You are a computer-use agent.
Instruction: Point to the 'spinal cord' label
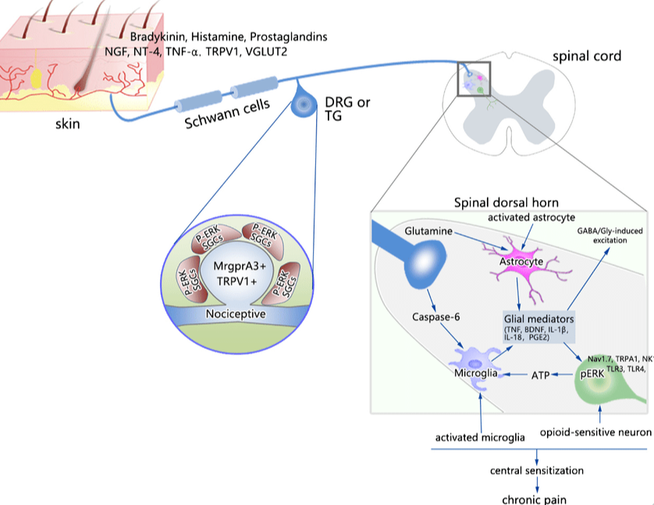(x=587, y=56)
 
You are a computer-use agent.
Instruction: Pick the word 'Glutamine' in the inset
(x=429, y=232)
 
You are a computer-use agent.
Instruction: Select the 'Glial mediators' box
(x=539, y=325)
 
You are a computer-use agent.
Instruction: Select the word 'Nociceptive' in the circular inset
(x=236, y=314)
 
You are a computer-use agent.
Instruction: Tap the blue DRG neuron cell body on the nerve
(x=302, y=106)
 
